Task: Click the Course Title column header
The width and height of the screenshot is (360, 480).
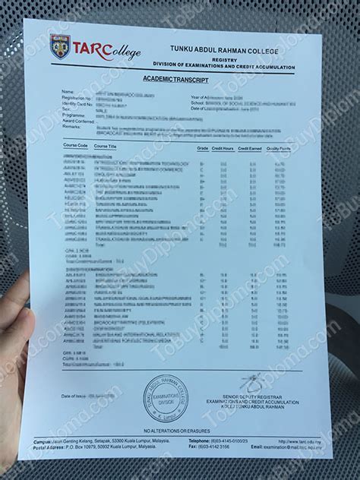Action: coord(103,146)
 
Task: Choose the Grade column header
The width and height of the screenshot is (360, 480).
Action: coord(203,147)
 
